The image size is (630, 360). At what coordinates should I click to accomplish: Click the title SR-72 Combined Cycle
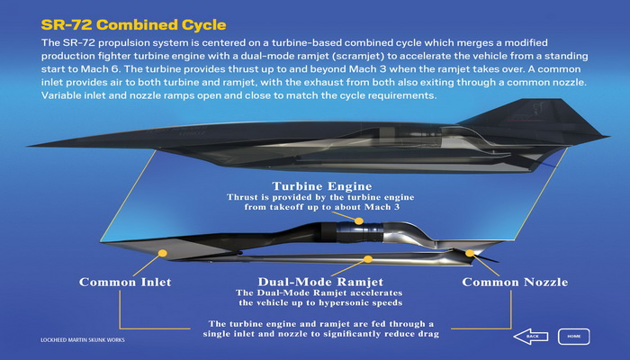133,24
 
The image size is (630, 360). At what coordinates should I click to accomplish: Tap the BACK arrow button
531,337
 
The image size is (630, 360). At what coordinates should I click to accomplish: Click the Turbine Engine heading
322,186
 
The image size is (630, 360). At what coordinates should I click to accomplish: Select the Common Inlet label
125,282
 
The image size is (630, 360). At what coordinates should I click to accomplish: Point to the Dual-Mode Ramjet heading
320,282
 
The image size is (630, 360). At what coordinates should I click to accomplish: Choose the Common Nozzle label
515,282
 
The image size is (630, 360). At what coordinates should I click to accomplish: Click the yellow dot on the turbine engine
359,221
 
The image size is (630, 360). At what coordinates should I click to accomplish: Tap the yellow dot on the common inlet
162,253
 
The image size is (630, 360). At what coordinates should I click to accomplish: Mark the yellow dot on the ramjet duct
367,259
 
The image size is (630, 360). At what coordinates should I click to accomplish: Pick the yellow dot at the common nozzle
470,253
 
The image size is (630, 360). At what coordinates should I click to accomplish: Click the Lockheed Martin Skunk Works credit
83,340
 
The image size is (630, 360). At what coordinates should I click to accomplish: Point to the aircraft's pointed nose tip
29,146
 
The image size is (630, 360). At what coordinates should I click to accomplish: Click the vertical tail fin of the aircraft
535,115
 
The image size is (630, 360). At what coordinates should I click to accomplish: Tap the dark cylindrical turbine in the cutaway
353,233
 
